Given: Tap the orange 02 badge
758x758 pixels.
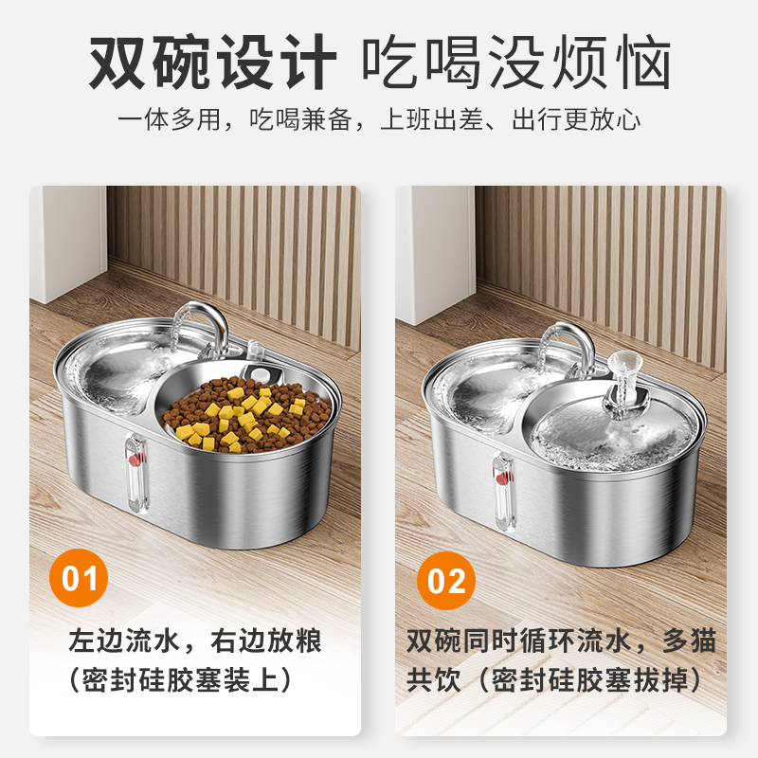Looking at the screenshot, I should pos(446,579).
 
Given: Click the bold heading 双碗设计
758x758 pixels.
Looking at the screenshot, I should pos(212,63).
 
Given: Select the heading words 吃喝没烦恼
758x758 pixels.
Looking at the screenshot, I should pos(517,63).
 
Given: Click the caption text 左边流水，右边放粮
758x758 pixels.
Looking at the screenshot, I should pos(195,641).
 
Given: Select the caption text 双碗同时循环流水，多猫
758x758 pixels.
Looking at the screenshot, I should pos(561,641).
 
